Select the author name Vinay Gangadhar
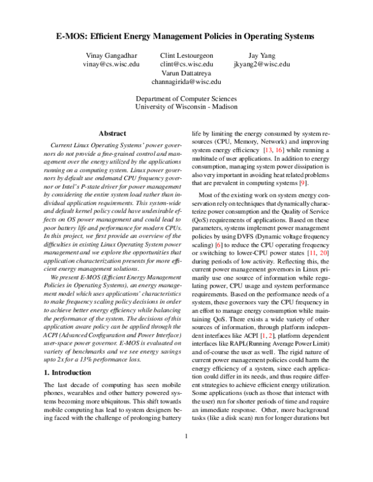(x=112, y=55)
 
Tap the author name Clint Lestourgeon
(x=186, y=55)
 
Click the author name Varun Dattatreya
(x=186, y=72)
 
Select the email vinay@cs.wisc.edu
(x=112, y=63)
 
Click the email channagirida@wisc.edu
(x=186, y=81)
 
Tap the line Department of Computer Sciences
(x=186, y=99)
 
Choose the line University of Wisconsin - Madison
(x=186, y=107)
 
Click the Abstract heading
(x=112, y=133)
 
